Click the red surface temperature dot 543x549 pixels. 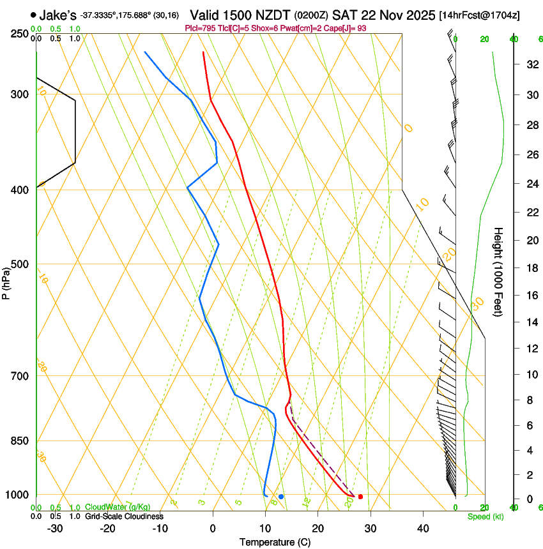click(360, 497)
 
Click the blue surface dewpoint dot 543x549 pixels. click(281, 497)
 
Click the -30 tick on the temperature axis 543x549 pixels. click(55, 529)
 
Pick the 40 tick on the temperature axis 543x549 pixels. click(422, 529)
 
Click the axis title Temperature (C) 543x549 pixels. click(275, 543)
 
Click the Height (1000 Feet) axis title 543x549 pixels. click(499, 271)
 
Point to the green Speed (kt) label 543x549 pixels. click(485, 516)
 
